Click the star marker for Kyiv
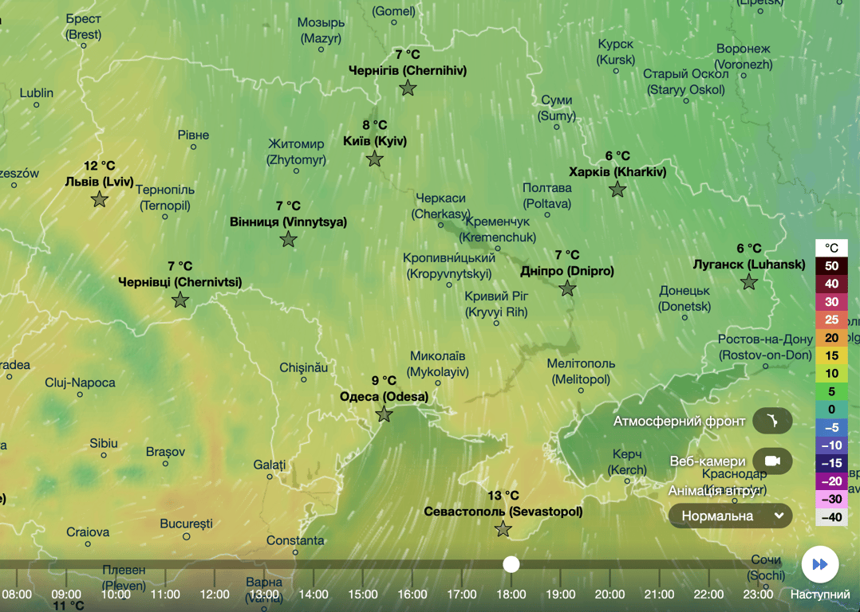[375, 159]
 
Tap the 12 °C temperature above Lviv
[100, 166]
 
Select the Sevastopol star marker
[503, 529]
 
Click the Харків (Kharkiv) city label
[617, 171]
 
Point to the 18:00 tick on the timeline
[511, 594]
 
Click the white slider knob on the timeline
[511, 564]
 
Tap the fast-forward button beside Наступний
[819, 564]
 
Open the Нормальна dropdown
[730, 516]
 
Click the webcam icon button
[771, 461]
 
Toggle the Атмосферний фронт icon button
[771, 421]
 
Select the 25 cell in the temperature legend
[831, 320]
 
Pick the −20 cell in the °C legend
[831, 481]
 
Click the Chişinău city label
[304, 367]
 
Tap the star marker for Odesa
[385, 414]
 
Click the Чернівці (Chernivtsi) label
[179, 282]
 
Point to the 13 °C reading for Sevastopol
[503, 496]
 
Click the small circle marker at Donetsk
[685, 317]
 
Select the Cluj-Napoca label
[80, 382]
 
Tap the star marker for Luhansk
[748, 282]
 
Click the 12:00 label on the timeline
[214, 594]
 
